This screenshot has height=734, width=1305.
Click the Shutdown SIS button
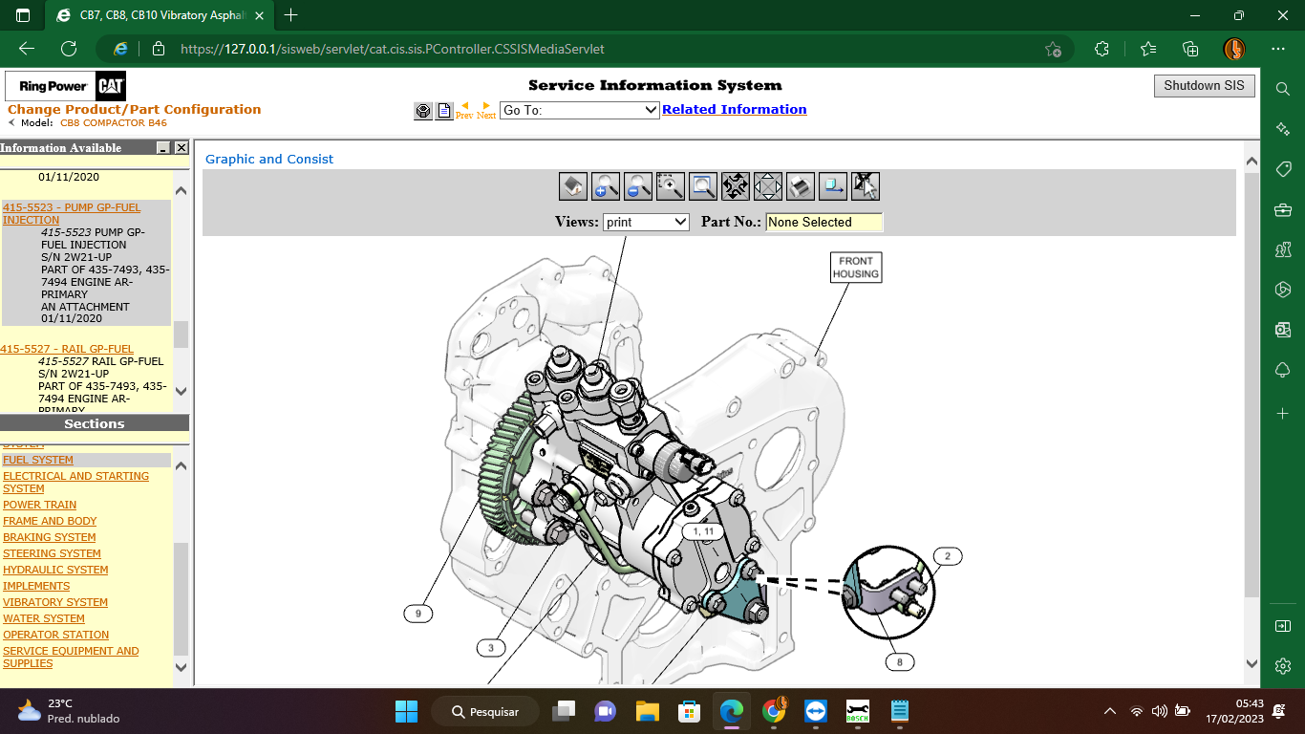[1204, 86]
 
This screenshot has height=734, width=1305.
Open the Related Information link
[734, 110]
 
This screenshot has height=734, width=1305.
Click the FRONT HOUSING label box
[855, 268]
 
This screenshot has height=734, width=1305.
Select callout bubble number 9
[417, 614]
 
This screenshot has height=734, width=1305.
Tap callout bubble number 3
[490, 648]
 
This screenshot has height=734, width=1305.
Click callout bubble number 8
[899, 661]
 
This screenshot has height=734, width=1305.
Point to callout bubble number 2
[947, 556]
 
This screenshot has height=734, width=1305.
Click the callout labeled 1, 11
[703, 531]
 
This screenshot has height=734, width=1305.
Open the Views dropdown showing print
[646, 222]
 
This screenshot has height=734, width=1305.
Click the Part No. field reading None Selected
[824, 222]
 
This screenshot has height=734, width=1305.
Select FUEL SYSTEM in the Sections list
[38, 460]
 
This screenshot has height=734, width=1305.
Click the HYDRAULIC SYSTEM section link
[55, 570]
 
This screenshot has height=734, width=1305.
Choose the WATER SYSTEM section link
[44, 618]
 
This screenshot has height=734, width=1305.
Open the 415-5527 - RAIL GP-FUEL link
[67, 349]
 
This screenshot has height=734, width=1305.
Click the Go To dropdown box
[579, 110]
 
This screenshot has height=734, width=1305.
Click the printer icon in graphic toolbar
[800, 186]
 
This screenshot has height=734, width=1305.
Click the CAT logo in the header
[112, 86]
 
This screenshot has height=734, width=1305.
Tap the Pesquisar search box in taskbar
[484, 711]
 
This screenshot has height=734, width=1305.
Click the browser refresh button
[69, 49]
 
